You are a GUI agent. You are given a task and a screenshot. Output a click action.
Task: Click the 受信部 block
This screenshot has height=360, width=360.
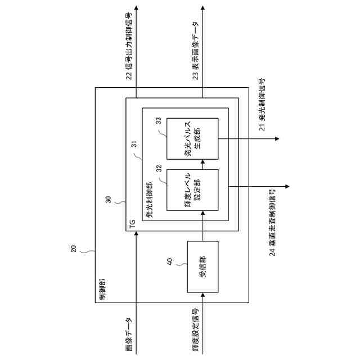tap(202, 267)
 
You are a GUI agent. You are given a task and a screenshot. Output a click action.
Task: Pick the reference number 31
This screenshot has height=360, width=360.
tap(134, 144)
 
